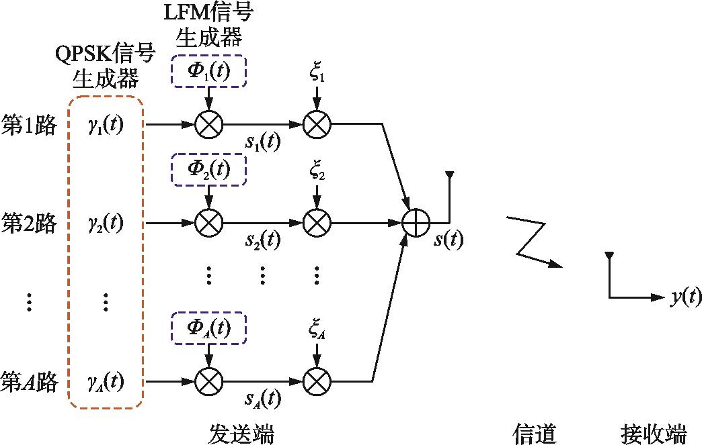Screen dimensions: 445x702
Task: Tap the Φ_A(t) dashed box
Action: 209,328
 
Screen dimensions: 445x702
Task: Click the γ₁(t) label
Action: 105,124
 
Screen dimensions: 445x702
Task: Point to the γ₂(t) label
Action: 105,221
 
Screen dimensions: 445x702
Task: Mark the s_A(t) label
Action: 261,401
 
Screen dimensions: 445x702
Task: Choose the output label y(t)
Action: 686,297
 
